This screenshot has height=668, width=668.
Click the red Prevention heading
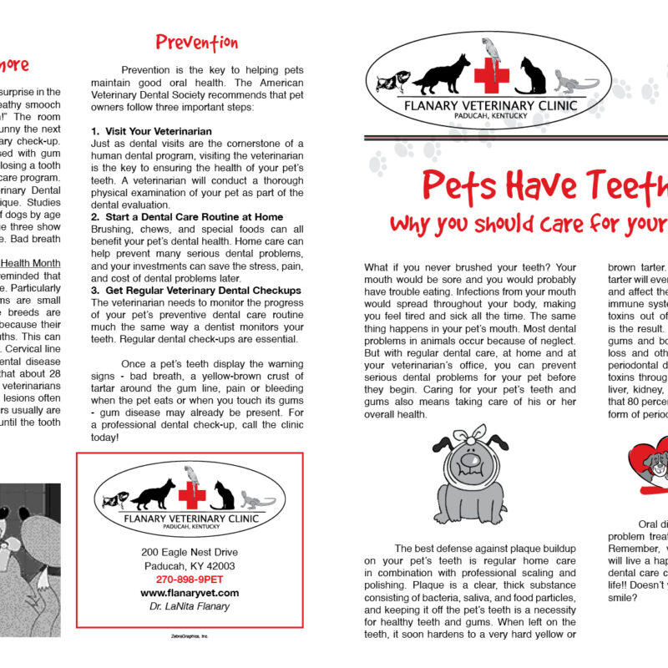[197, 43]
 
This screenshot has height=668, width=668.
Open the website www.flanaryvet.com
[189, 593]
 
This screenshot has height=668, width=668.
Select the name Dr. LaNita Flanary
[189, 606]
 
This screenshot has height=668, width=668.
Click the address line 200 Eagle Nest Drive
[189, 553]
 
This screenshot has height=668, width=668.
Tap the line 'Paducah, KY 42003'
[189, 566]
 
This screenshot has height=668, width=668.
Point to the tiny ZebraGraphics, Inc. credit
[189, 635]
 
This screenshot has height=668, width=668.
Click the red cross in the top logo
[492, 76]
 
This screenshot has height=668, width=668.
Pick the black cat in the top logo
[532, 77]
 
